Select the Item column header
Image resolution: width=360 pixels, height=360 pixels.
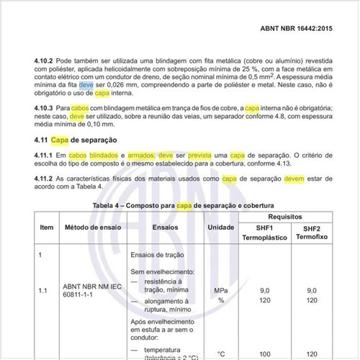point(47,227)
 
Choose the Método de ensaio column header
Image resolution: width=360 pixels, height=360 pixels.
point(91,227)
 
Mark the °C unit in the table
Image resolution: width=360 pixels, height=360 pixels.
point(221,353)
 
